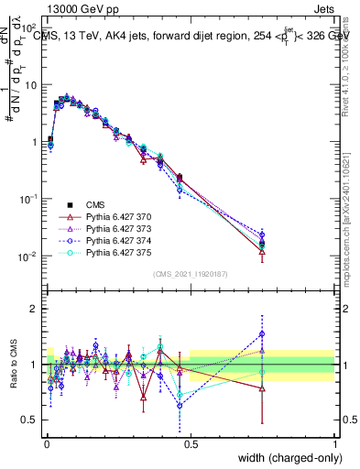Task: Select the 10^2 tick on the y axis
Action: [x=28, y=28]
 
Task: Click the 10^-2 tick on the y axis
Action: [x=28, y=256]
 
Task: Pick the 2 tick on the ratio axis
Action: [x=35, y=309]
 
